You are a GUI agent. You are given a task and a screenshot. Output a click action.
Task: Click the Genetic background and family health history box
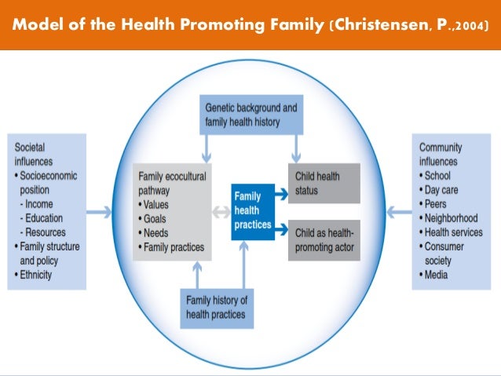coord(251,115)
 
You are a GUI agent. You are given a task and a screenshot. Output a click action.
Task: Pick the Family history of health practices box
coord(216,307)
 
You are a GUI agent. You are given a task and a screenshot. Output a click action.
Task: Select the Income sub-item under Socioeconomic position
coord(43,204)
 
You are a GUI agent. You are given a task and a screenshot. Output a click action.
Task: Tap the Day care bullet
coord(444,190)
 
